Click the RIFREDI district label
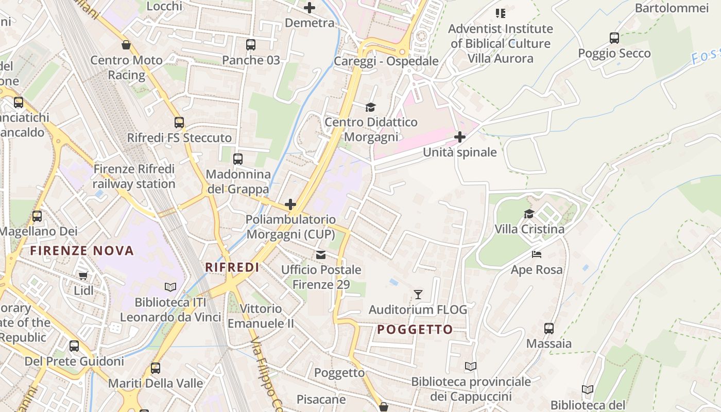pyautogui.click(x=232, y=267)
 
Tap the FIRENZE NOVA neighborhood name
pyautogui.click(x=82, y=251)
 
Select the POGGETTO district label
pyautogui.click(x=415, y=330)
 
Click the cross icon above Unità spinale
pyautogui.click(x=459, y=137)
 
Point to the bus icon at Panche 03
pyautogui.click(x=251, y=45)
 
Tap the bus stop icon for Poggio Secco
pyautogui.click(x=614, y=38)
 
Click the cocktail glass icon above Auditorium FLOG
pyautogui.click(x=418, y=295)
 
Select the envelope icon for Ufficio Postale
pyautogui.click(x=321, y=254)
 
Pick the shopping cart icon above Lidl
pyautogui.click(x=83, y=276)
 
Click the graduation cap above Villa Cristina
pyautogui.click(x=529, y=214)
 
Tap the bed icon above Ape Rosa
pyautogui.click(x=536, y=254)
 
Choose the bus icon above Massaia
pyautogui.click(x=549, y=328)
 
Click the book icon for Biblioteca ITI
pyautogui.click(x=170, y=287)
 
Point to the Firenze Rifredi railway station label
pyautogui.click(x=134, y=176)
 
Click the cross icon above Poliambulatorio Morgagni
pyautogui.click(x=290, y=204)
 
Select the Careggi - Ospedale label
pyautogui.click(x=386, y=61)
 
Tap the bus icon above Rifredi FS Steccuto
pyautogui.click(x=179, y=123)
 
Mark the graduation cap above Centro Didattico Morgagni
pyautogui.click(x=371, y=107)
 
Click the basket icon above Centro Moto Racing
pyautogui.click(x=126, y=45)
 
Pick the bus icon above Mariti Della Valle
pyautogui.click(x=156, y=368)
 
